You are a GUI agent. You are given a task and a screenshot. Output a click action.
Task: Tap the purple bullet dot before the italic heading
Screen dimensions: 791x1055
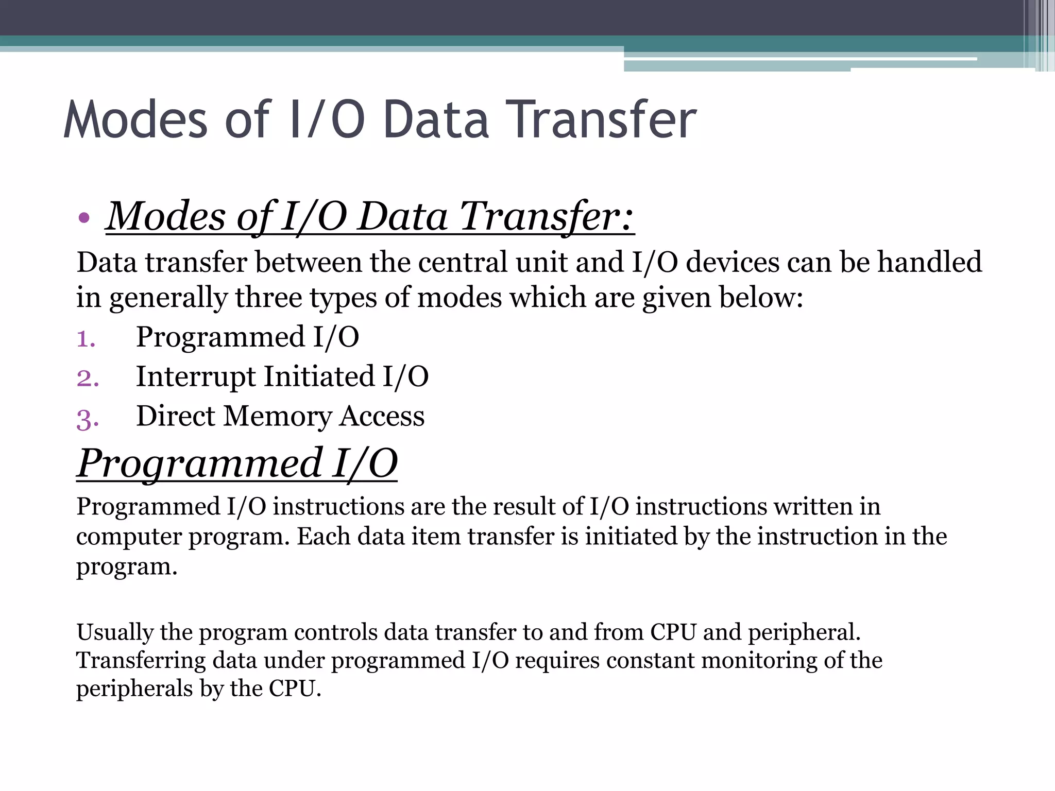click(84, 218)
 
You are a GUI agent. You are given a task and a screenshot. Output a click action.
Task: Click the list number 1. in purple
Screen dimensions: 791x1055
click(86, 339)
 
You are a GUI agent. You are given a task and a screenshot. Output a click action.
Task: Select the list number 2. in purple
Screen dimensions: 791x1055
click(88, 378)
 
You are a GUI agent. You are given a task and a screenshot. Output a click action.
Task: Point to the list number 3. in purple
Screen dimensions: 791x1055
click(88, 419)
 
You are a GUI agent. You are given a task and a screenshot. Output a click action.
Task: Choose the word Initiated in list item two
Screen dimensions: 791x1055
click(319, 376)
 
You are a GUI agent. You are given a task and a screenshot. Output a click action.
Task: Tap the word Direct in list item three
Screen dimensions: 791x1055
click(175, 416)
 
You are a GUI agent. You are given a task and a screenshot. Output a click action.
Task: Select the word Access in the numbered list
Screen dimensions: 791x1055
click(382, 416)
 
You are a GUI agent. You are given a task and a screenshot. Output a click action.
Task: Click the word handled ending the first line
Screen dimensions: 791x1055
click(929, 262)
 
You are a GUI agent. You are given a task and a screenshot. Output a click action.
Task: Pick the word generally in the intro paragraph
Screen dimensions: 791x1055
click(168, 299)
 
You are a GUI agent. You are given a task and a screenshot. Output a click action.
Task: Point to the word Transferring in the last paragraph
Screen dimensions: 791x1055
click(141, 661)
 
